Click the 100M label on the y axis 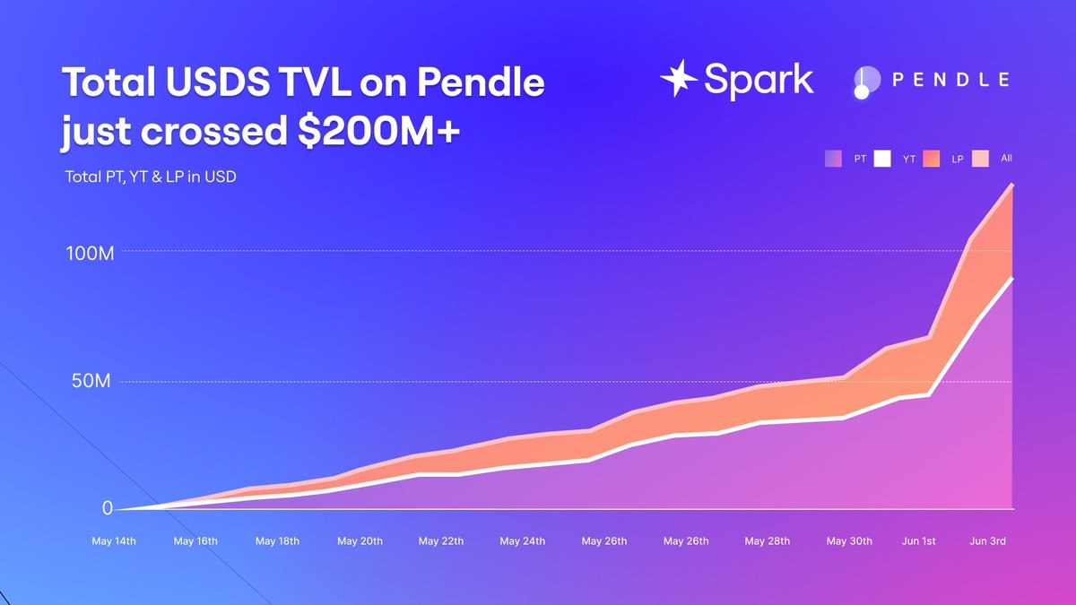[91, 253]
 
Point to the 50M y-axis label [91, 382]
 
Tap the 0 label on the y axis [108, 507]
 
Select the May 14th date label [114, 541]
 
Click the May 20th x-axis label [360, 541]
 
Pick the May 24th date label [523, 541]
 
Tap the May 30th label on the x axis [849, 541]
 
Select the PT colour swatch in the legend [833, 159]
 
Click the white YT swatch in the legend [882, 159]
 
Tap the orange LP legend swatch [931, 159]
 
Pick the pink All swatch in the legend [980, 159]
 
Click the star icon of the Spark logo [679, 79]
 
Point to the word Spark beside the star [759, 79]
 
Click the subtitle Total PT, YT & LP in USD [151, 177]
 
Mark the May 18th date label [277, 541]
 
